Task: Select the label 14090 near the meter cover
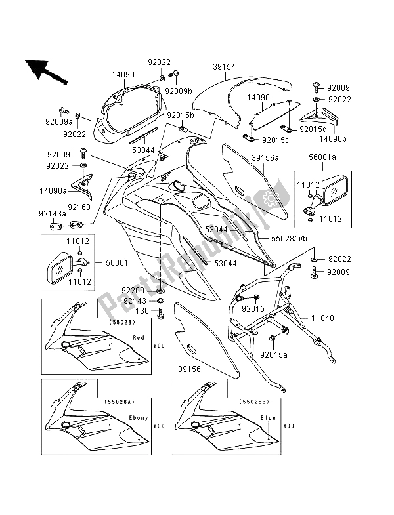pyautogui.click(x=122, y=75)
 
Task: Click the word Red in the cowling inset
pyautogui.click(x=139, y=337)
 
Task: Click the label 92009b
pyautogui.click(x=179, y=91)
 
